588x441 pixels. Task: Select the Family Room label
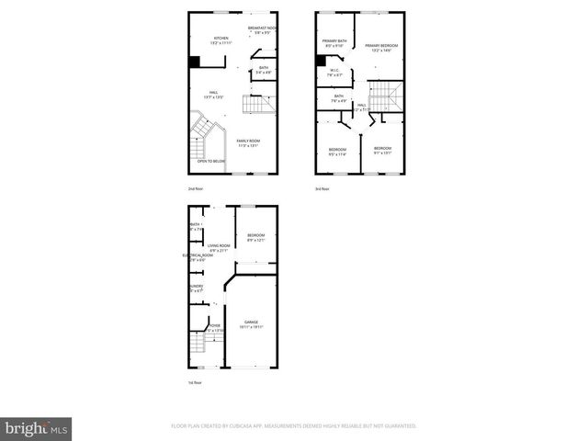click(x=248, y=142)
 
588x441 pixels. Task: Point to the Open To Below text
click(x=210, y=161)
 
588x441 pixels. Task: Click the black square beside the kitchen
click(x=194, y=62)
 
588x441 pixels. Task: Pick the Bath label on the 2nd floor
click(x=263, y=69)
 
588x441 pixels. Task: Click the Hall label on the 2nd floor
click(x=213, y=94)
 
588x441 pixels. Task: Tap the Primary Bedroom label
click(x=380, y=48)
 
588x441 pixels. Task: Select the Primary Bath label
click(x=334, y=43)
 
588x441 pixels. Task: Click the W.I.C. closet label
click(x=334, y=73)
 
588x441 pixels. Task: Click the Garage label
click(x=251, y=324)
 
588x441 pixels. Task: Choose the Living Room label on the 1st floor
click(x=219, y=247)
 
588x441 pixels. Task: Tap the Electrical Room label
click(x=198, y=257)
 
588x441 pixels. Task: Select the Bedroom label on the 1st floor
click(x=255, y=238)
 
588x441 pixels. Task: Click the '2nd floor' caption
click(x=196, y=188)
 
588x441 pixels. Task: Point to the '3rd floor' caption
click(x=322, y=188)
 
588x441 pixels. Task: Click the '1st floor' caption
click(x=195, y=382)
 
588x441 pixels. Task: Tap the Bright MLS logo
click(x=37, y=428)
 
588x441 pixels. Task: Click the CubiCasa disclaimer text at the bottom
click(x=294, y=426)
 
